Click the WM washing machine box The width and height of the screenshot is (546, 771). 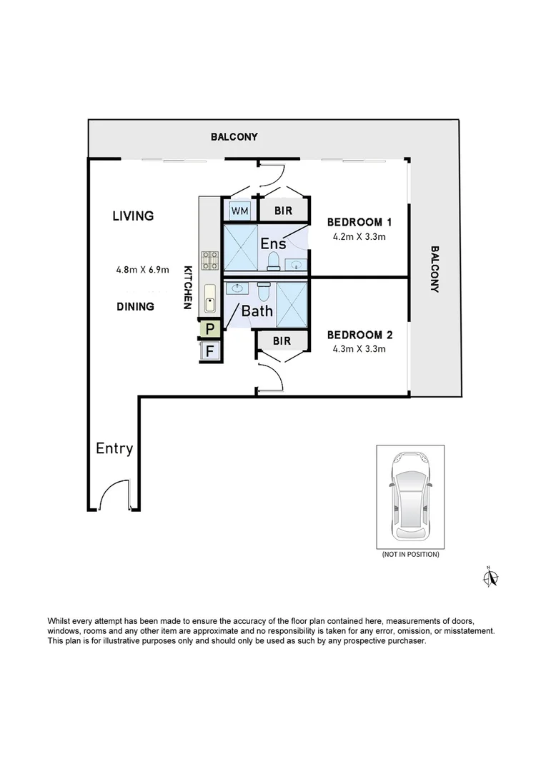click(239, 211)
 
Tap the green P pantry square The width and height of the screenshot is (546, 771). click(210, 329)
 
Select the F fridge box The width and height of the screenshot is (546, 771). click(210, 351)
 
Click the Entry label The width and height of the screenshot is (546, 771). click(114, 448)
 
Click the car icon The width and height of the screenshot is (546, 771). click(410, 496)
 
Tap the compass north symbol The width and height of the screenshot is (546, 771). click(491, 577)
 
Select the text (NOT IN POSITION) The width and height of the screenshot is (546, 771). click(410, 554)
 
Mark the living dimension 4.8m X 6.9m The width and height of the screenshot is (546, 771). click(142, 270)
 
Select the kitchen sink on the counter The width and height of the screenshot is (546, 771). click(210, 299)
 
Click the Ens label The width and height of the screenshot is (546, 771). click(273, 243)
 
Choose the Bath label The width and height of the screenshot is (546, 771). click(257, 311)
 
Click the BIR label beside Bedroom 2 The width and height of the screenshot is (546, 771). click(282, 341)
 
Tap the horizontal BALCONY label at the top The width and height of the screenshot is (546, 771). click(234, 136)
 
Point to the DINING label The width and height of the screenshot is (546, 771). click(136, 306)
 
